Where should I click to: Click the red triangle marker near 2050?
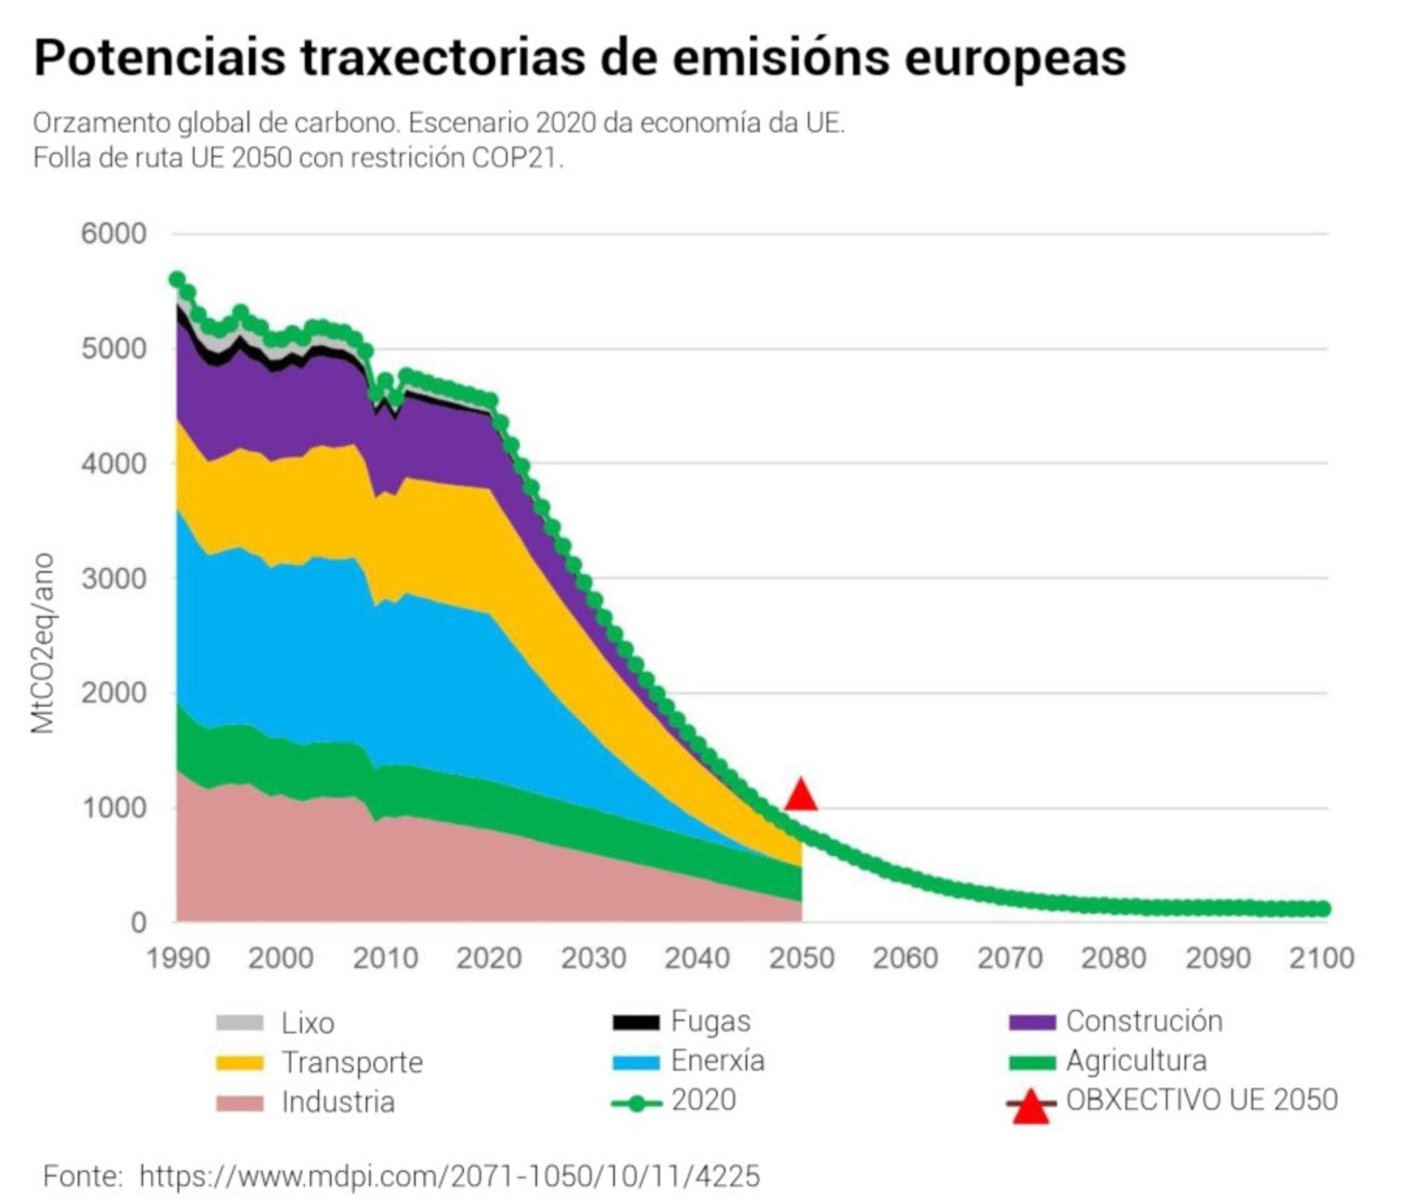coord(800,796)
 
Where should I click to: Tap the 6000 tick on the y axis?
coord(113,233)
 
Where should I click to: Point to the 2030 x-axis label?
coord(593,958)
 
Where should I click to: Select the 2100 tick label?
coord(1321,958)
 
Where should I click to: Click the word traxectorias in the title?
coord(443,57)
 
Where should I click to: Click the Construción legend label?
coord(1143,1022)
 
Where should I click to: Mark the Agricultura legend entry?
coord(1136,1061)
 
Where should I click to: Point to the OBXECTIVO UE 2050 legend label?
coord(1201,1100)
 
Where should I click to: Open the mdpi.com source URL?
coord(449,1176)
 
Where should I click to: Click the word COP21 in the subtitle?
coord(516,158)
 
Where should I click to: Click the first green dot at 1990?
coord(177,279)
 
